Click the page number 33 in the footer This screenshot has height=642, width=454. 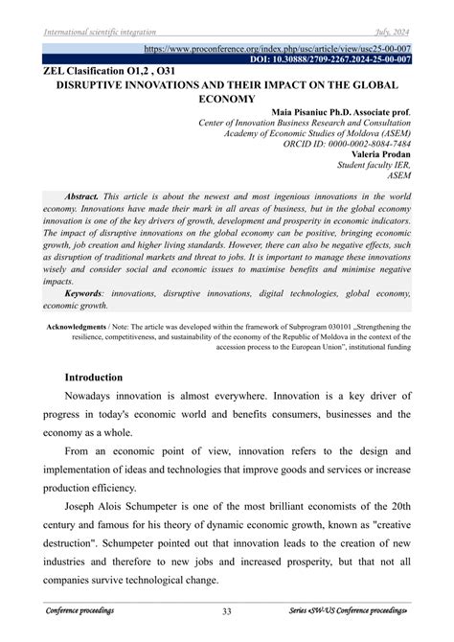[x=227, y=611]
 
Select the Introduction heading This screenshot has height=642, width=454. [x=93, y=378]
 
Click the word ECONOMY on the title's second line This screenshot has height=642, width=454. [x=226, y=98]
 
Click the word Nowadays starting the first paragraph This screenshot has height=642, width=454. [x=97, y=396]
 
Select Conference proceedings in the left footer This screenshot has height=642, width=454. [x=79, y=611]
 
